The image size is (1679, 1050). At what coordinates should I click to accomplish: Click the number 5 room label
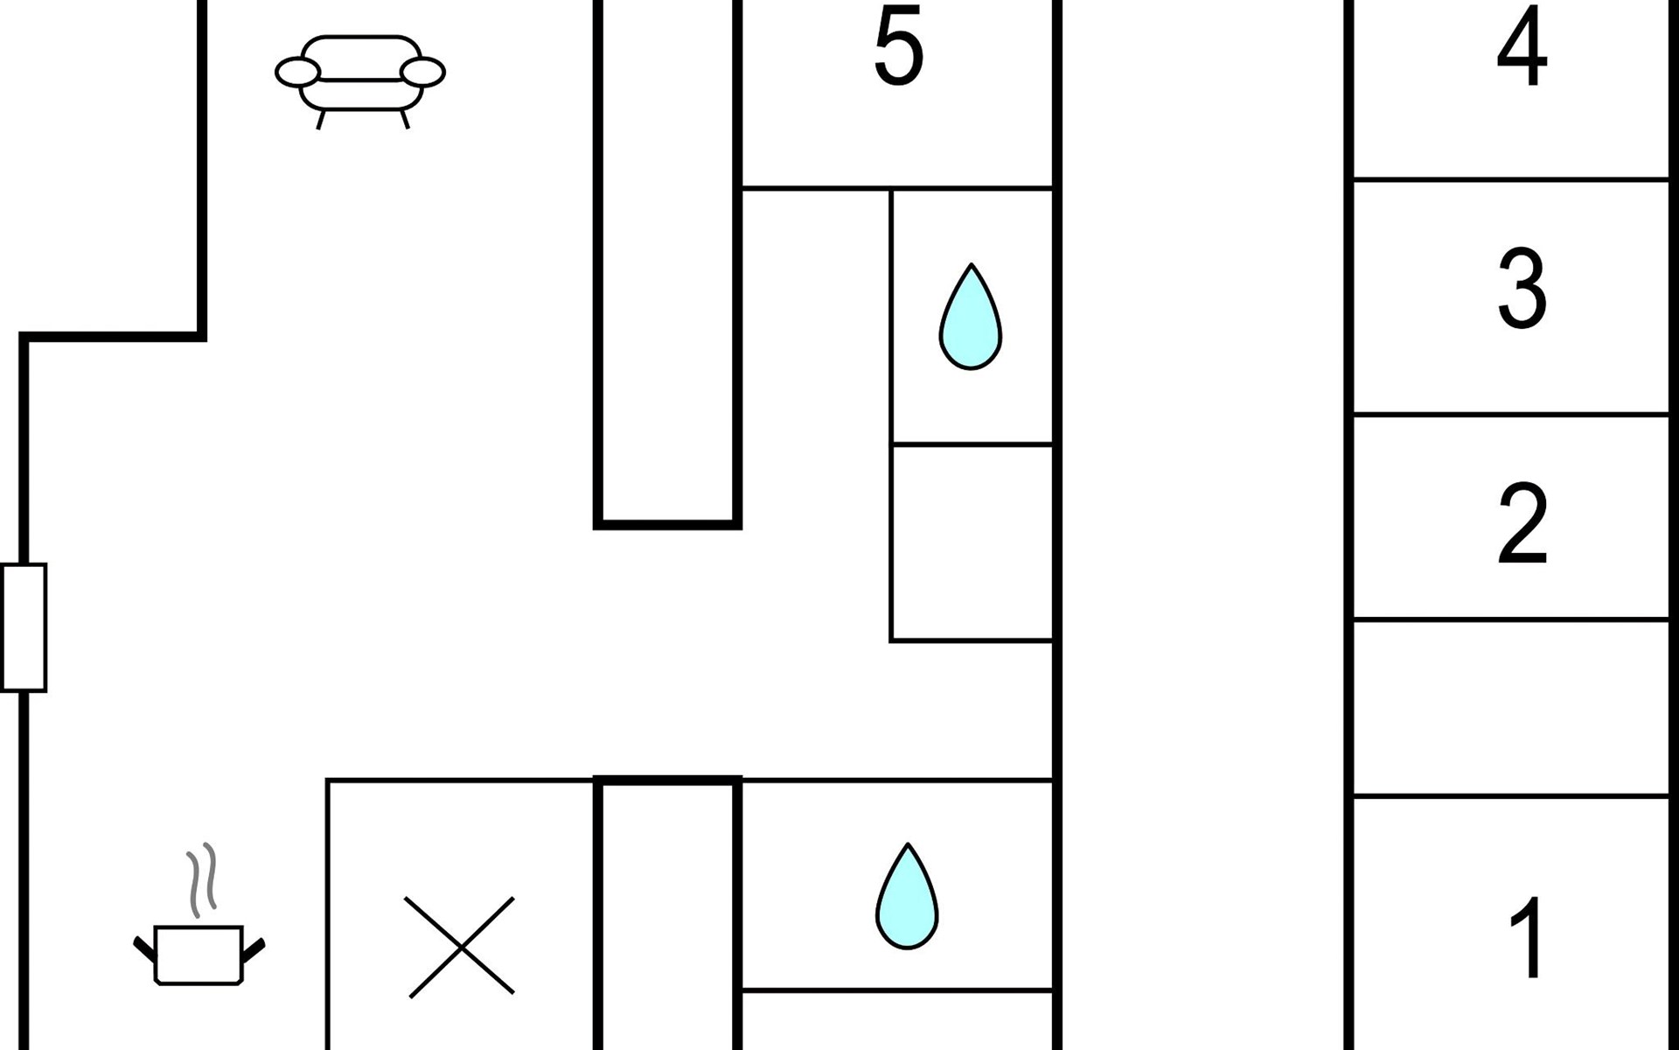click(898, 45)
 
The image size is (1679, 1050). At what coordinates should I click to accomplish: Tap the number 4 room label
click(1522, 47)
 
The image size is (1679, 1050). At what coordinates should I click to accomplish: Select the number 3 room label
click(1522, 288)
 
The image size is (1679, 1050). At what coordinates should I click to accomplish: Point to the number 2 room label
click(1522, 522)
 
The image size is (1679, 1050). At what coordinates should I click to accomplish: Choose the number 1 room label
click(1529, 937)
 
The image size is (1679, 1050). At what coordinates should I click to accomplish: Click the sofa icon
click(360, 81)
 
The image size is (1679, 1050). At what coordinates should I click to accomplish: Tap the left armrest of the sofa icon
click(298, 73)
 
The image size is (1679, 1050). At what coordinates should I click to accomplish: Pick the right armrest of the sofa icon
click(422, 73)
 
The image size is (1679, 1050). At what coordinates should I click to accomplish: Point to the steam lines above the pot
click(201, 879)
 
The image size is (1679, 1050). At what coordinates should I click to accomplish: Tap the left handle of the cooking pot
click(144, 948)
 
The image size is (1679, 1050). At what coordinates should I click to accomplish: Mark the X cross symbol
click(461, 947)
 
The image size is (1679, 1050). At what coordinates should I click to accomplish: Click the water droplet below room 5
click(970, 317)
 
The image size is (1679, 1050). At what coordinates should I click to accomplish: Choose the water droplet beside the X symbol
click(907, 896)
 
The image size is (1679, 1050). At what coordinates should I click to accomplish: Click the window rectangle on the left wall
click(24, 627)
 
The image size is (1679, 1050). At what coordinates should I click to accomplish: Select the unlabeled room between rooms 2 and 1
click(1511, 708)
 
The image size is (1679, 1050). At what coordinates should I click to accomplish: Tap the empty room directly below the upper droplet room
click(972, 543)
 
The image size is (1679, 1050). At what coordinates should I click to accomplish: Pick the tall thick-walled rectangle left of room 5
click(667, 262)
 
